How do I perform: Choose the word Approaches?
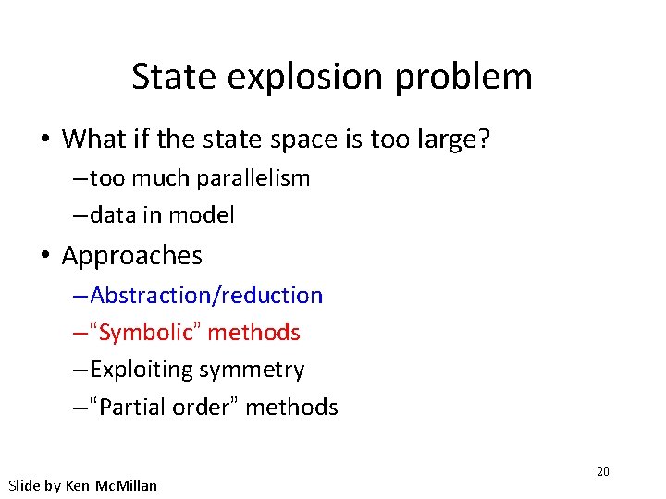coord(131,255)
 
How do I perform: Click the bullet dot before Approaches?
coord(44,256)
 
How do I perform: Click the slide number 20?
coord(602,471)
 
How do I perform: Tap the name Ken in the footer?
coord(77,485)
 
